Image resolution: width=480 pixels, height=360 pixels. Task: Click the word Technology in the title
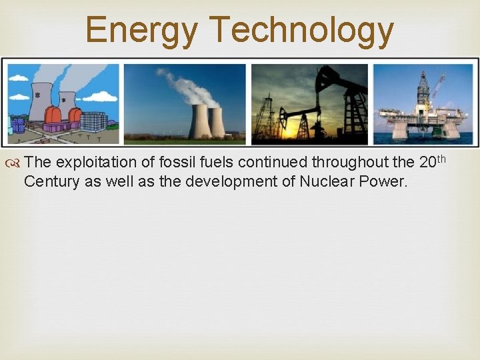coord(301,31)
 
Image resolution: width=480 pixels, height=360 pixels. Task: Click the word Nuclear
coord(320,181)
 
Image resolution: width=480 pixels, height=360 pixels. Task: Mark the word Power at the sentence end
coord(382,181)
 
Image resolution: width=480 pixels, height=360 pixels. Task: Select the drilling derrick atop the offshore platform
coord(423,89)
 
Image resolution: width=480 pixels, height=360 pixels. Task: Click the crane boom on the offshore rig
coord(438,87)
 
